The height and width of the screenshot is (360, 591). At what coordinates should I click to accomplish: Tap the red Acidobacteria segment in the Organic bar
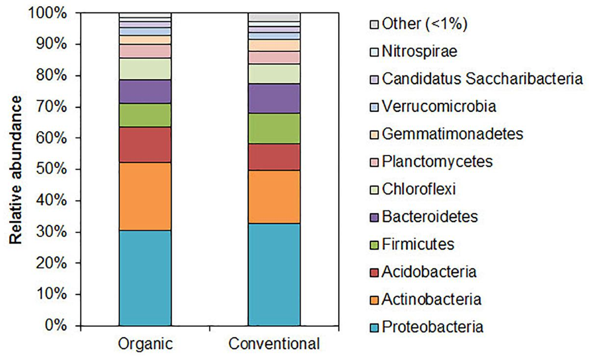(145, 144)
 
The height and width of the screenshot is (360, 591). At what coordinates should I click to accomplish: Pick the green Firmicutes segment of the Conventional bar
(274, 128)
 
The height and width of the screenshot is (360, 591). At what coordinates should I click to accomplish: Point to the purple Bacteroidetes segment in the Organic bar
(145, 91)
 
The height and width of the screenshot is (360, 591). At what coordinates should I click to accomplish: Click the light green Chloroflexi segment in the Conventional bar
(274, 74)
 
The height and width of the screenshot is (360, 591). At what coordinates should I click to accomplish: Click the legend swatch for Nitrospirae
(375, 51)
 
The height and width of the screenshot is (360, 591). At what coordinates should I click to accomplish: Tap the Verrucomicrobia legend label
(438, 106)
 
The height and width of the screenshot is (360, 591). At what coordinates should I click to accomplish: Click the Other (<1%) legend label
(424, 24)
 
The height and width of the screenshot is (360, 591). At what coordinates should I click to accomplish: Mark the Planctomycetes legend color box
(375, 161)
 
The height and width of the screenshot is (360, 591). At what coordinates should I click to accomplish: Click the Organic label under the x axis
(145, 343)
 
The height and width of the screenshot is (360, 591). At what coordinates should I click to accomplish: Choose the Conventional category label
(274, 343)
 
